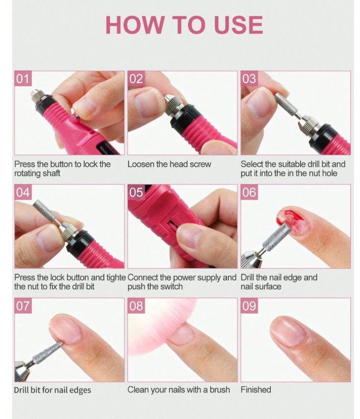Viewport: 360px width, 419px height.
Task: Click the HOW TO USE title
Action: coord(184,25)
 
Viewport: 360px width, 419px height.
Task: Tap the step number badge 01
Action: coord(23,79)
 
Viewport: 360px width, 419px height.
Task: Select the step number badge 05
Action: coord(136,193)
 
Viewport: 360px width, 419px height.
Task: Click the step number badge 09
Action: coord(249,306)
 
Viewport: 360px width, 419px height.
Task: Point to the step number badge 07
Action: coord(23,306)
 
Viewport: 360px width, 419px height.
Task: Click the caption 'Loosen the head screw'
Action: coord(169,164)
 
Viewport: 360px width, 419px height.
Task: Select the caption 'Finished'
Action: coord(256,390)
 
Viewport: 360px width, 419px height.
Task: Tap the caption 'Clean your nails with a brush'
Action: coord(178,390)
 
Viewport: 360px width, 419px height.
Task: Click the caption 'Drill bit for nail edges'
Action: coord(52,390)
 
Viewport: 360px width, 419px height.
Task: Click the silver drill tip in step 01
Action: coord(36,96)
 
